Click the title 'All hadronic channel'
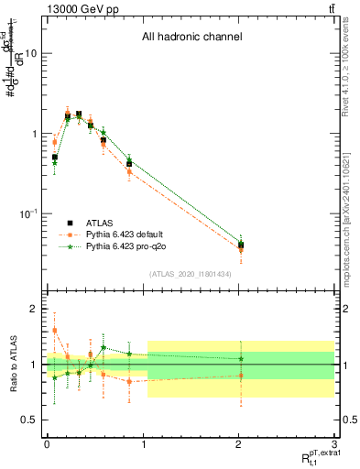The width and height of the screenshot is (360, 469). pos(191,38)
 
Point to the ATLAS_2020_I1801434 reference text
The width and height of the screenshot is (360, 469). pos(191,274)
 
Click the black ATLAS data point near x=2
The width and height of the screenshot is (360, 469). pos(241,245)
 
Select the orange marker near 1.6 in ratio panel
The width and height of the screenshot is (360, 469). pos(55,331)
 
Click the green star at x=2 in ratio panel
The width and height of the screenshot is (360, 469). pos(241,358)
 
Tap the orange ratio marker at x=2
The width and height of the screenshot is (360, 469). pos(241,376)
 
